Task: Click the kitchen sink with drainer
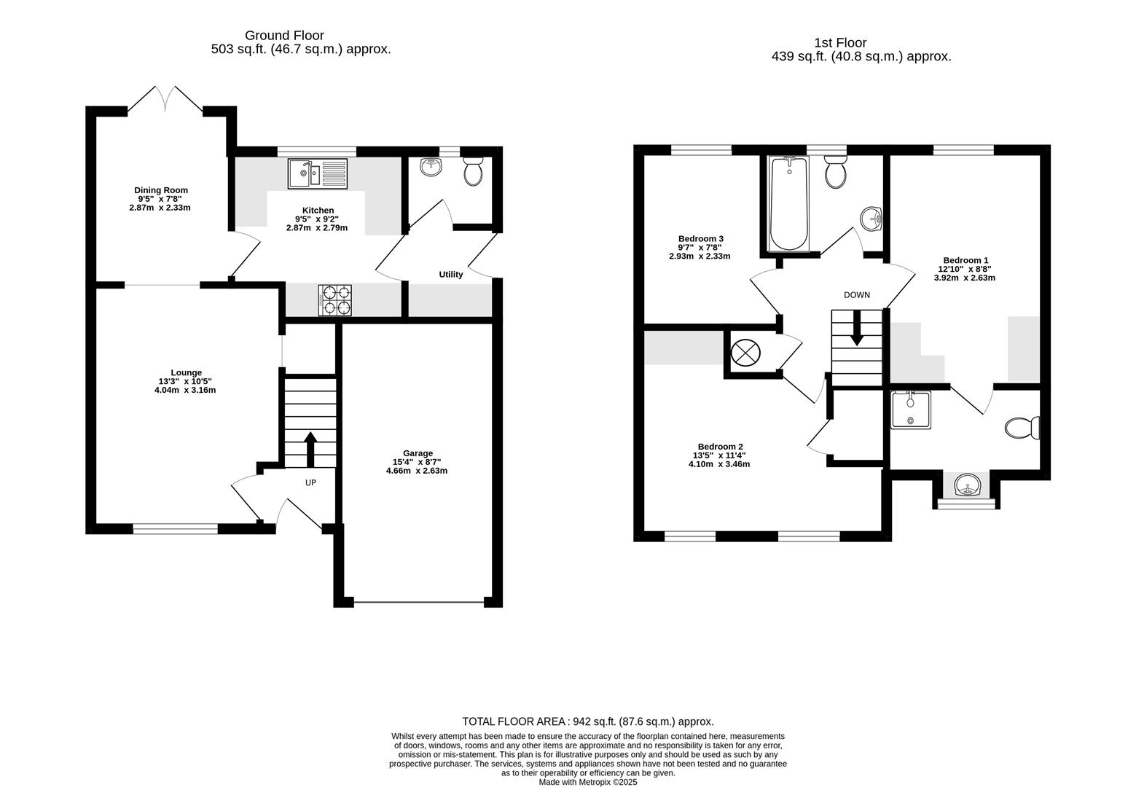point(318,173)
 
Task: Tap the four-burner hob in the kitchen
point(334,300)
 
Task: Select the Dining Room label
point(160,190)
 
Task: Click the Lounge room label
point(187,372)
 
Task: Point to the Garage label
point(418,453)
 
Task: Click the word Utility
point(450,275)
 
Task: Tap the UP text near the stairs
point(310,482)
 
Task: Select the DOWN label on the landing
point(856,295)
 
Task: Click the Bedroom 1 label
point(965,260)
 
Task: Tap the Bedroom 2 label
point(720,447)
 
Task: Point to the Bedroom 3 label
point(700,238)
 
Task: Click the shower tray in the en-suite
point(910,410)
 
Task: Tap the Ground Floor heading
point(284,35)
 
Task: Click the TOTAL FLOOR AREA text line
point(587,721)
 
